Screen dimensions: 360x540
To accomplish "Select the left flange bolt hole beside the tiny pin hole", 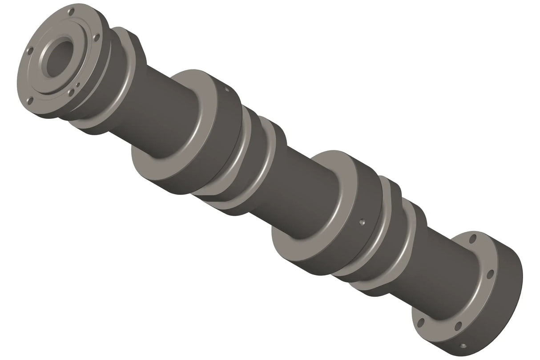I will [x=71, y=93].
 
